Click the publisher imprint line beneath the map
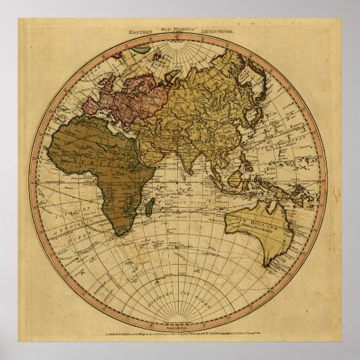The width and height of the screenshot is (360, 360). [x=179, y=334]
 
